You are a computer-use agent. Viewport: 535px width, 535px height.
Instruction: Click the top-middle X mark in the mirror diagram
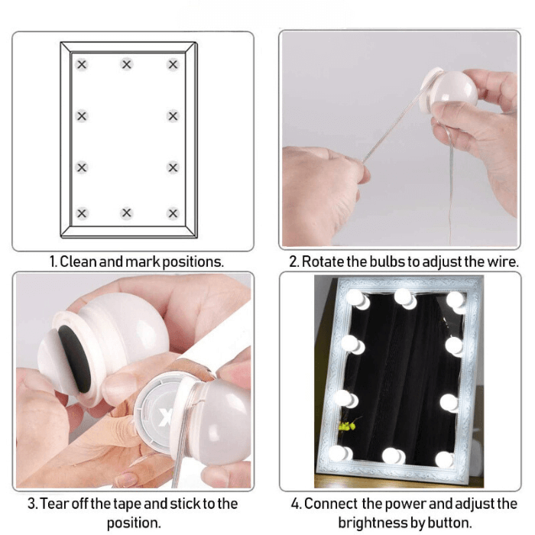pos(127,64)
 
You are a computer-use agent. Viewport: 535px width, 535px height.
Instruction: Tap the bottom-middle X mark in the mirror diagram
pos(127,213)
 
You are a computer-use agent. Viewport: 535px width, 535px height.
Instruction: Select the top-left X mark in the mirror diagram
pos(82,64)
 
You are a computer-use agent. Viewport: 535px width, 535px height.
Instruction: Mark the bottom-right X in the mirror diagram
pos(173,213)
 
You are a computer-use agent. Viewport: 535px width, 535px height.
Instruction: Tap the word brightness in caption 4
pos(371,523)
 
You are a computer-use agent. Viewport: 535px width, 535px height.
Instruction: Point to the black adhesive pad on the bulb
pos(75,358)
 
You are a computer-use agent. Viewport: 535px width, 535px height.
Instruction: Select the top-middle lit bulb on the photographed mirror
pos(404,297)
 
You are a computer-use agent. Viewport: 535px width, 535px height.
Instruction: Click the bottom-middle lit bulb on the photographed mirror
pos(393,456)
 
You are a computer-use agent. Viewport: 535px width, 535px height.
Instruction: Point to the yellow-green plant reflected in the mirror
pos(347,425)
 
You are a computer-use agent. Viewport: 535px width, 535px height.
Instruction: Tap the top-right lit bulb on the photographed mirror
pos(456,301)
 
